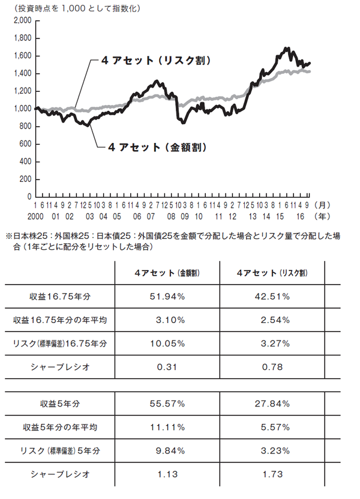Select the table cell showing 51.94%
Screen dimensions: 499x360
click(x=167, y=297)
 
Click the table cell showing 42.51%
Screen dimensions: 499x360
click(x=272, y=297)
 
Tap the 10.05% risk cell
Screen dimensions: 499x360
click(x=167, y=343)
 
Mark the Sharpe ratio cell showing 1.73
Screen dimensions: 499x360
click(x=272, y=474)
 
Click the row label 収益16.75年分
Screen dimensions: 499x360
click(x=60, y=297)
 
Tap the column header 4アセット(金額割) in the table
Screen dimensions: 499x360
click(x=167, y=273)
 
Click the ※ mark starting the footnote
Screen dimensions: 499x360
click(x=8, y=237)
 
